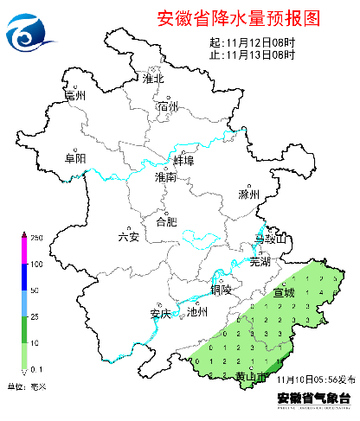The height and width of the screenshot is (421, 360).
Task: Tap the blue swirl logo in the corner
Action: [x=29, y=33]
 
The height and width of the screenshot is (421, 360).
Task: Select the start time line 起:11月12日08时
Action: [x=252, y=42]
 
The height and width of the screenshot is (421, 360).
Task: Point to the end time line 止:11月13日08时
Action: [x=252, y=54]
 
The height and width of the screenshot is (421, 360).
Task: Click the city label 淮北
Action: [x=154, y=79]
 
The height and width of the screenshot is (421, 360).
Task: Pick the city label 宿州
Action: [x=168, y=106]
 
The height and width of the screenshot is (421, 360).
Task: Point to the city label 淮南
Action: [x=165, y=176]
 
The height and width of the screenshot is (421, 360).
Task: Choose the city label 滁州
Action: [x=249, y=195]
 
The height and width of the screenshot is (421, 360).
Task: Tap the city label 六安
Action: [x=128, y=237]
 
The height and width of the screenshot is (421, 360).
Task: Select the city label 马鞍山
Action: [x=269, y=238]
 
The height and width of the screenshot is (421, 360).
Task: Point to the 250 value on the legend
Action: [x=37, y=237]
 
